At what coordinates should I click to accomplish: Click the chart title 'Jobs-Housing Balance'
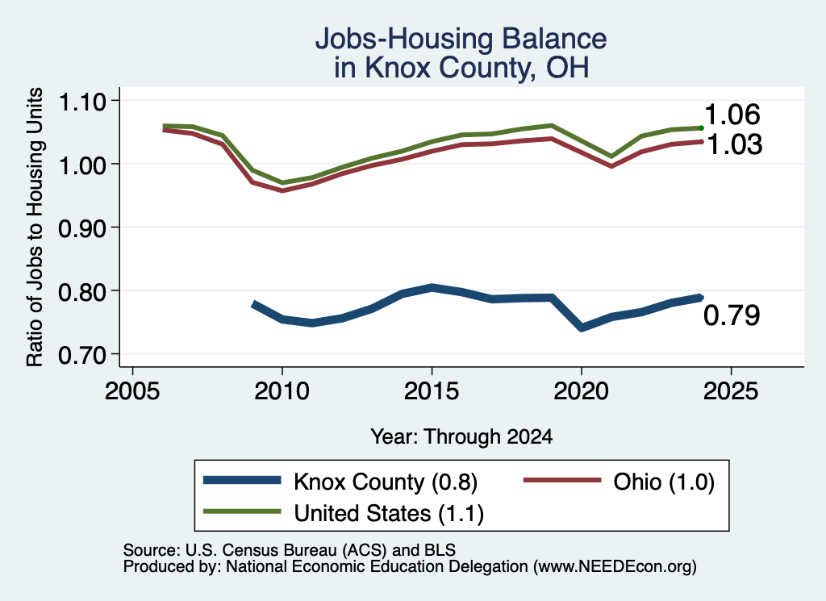click(461, 39)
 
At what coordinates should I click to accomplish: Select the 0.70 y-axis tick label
click(82, 355)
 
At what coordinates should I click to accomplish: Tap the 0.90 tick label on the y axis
click(82, 228)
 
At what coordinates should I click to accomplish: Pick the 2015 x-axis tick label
click(432, 390)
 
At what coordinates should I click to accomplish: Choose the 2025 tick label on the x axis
click(731, 390)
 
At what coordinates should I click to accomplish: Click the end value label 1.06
click(732, 115)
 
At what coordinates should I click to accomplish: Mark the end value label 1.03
click(734, 144)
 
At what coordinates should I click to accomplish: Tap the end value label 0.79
click(732, 315)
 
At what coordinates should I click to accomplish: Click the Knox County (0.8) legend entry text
click(386, 482)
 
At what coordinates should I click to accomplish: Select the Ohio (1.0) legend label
click(664, 482)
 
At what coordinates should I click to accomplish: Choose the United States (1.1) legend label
click(389, 513)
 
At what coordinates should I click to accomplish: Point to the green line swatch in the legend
click(242, 511)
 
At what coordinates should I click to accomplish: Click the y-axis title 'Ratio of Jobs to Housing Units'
click(35, 227)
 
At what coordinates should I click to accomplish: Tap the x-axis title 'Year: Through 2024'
click(461, 436)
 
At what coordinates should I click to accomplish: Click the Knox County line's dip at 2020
click(582, 328)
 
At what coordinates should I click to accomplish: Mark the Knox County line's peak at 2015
click(432, 288)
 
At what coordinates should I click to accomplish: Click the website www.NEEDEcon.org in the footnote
click(615, 566)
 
